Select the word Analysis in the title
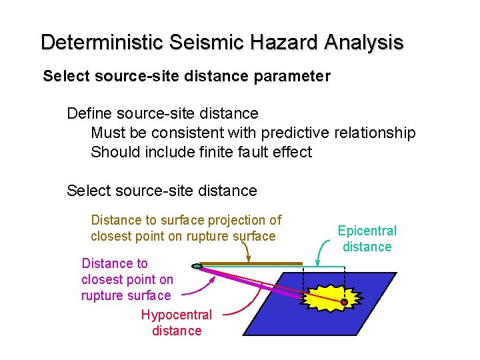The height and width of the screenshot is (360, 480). (363, 42)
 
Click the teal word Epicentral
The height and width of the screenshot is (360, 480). (367, 231)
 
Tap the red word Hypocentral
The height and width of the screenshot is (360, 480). (176, 315)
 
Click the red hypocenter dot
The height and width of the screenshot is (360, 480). (344, 302)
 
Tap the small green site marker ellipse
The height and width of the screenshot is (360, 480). (196, 267)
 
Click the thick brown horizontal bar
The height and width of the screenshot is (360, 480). (250, 263)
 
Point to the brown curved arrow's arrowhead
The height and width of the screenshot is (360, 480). (249, 258)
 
